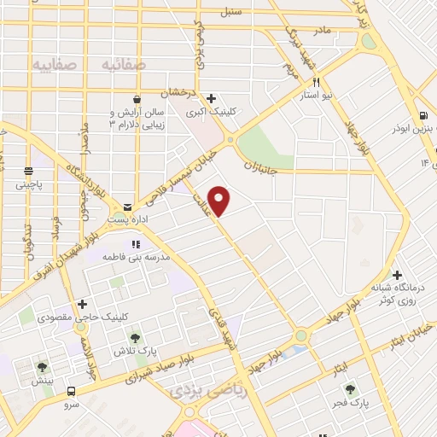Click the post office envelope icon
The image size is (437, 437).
click(x=127, y=207)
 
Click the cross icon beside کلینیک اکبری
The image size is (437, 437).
click(x=212, y=98)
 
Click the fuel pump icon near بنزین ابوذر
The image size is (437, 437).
click(x=422, y=116)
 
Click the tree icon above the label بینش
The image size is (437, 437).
click(x=42, y=368)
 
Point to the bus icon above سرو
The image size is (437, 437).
click(x=72, y=391)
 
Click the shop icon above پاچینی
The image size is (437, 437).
click(x=28, y=170)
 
